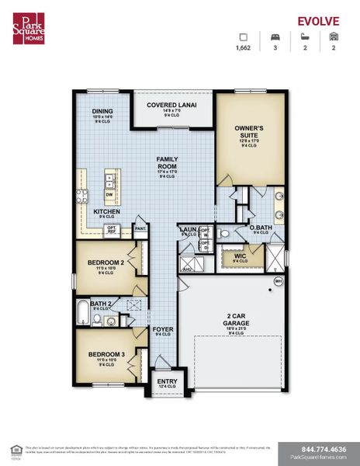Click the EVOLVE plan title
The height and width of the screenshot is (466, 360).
(x=320, y=21)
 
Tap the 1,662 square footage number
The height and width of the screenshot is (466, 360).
(x=244, y=48)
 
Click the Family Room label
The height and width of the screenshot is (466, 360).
(x=168, y=164)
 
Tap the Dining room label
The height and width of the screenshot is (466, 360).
(x=103, y=111)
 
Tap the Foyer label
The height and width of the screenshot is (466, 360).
(x=162, y=329)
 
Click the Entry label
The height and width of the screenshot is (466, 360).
(x=167, y=381)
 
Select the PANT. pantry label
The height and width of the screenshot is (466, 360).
(x=141, y=229)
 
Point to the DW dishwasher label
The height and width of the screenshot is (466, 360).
(x=109, y=195)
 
